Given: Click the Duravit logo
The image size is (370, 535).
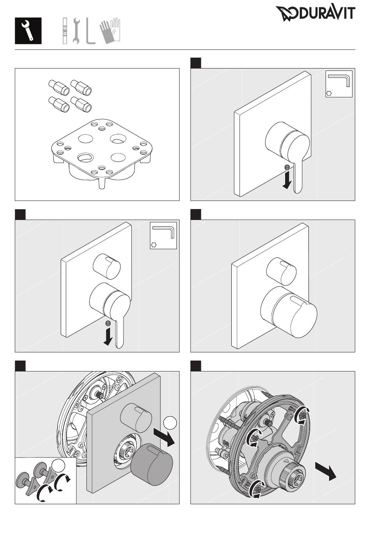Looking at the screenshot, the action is click(x=315, y=14).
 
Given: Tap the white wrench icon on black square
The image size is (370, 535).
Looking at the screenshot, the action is click(x=28, y=31).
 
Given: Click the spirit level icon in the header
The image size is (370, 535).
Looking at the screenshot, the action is click(x=65, y=31).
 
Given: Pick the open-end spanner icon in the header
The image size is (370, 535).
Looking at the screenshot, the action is click(x=76, y=31).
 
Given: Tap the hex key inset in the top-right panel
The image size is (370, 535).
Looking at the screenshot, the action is click(x=339, y=84).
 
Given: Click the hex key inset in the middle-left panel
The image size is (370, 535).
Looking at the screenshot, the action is click(x=163, y=235).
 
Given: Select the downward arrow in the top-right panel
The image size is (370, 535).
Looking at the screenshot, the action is click(x=287, y=180).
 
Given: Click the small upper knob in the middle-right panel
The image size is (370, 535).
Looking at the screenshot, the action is click(x=281, y=270).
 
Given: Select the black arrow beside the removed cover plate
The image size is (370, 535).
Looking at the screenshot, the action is click(x=164, y=437).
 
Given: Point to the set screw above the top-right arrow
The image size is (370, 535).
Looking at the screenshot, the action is click(x=287, y=167).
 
